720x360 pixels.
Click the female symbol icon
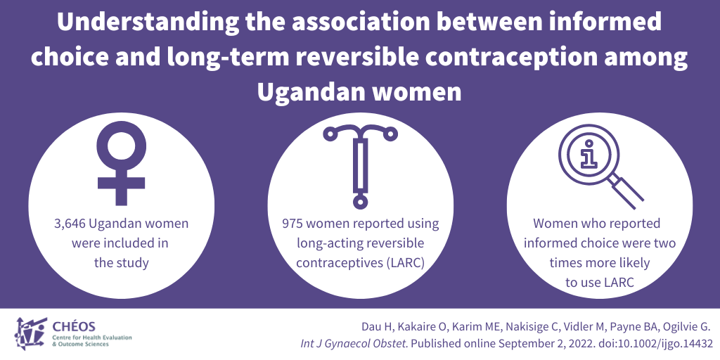[x=121, y=165]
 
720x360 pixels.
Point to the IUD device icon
[x=360, y=166]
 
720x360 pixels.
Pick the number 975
[x=292, y=224]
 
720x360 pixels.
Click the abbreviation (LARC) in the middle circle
[x=406, y=263]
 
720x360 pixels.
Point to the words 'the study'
[x=121, y=263]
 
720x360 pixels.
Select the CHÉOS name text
[x=75, y=328]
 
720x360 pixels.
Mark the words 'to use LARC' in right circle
[x=600, y=283]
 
